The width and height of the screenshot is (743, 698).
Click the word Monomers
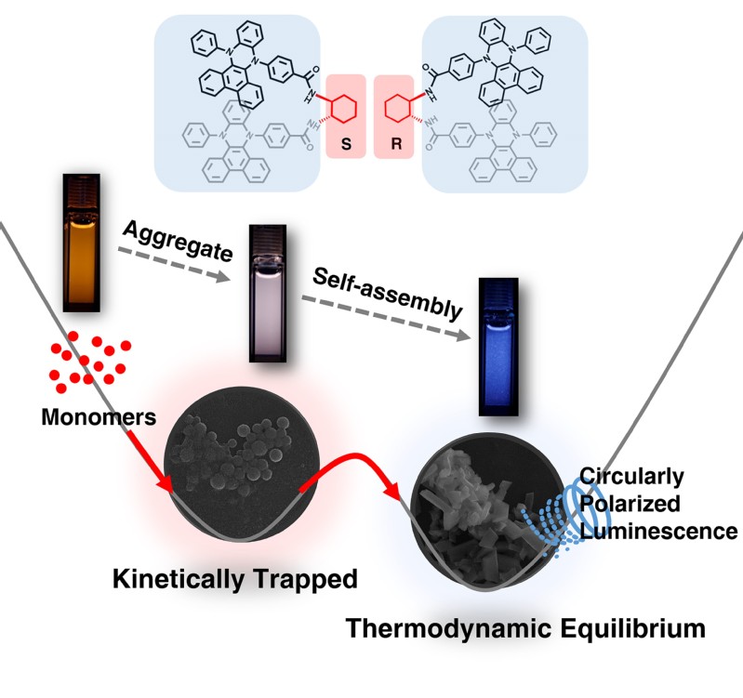click(99, 417)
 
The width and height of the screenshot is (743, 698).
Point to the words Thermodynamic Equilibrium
click(525, 628)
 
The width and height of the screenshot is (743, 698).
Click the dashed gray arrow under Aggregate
click(173, 260)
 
